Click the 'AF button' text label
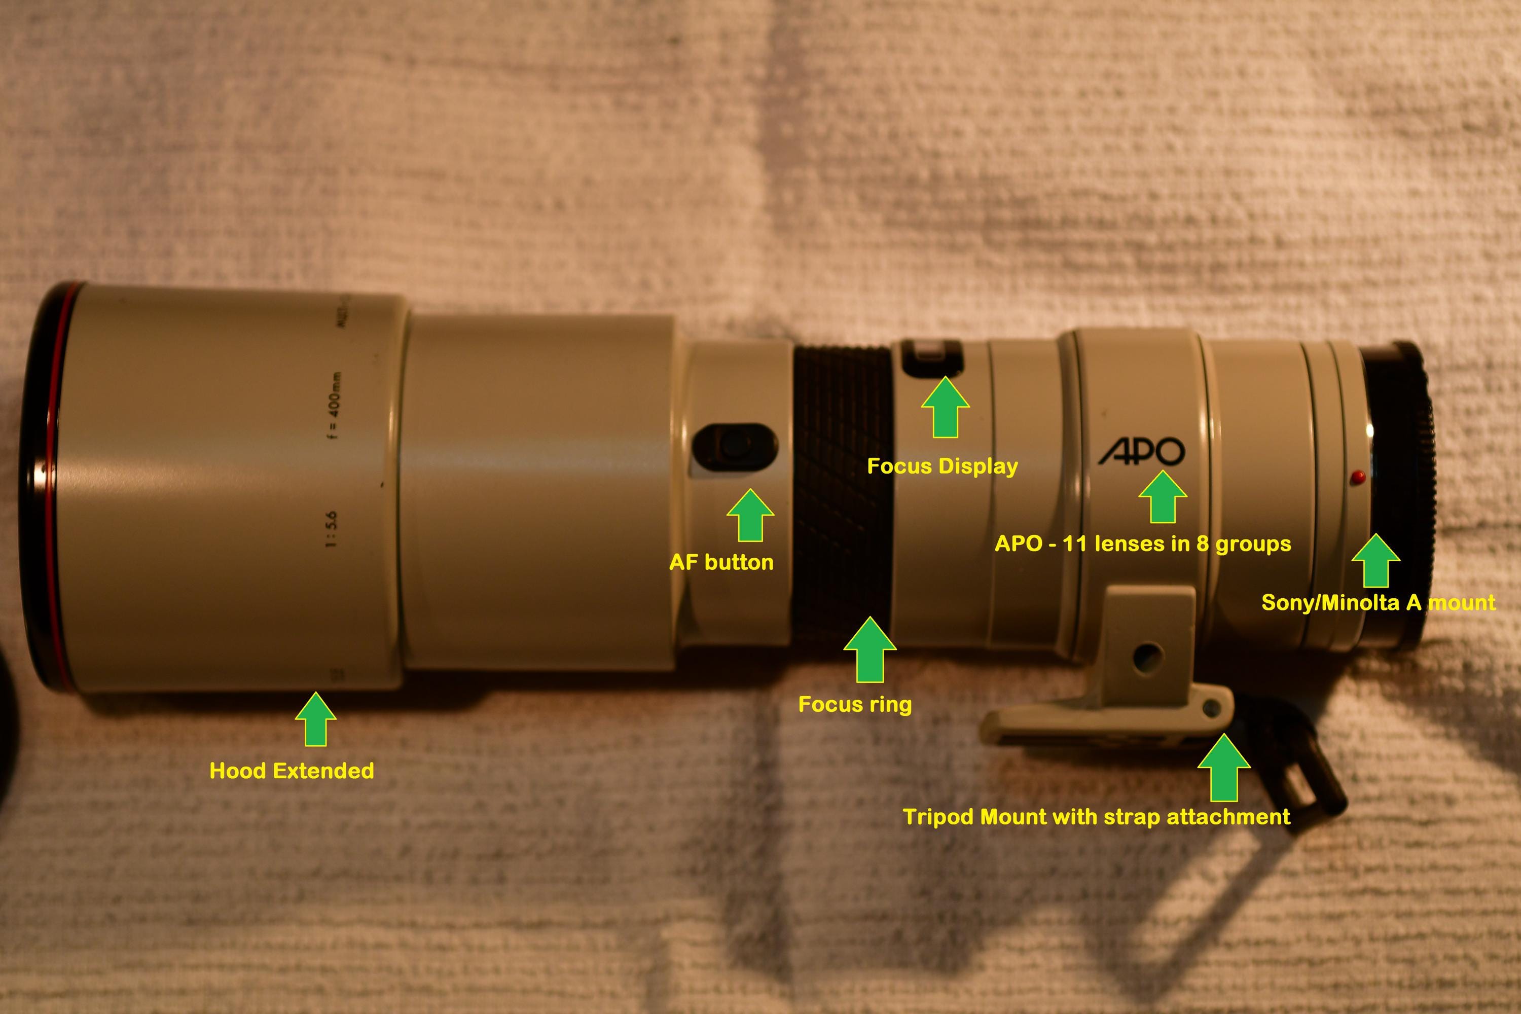721,562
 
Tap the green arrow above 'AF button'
750,516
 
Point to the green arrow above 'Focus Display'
945,408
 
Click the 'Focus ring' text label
855,704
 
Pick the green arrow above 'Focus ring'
870,649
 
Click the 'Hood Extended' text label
292,770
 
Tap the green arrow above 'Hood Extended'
315,719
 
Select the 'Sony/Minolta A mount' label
1378,602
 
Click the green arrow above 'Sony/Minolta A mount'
1376,561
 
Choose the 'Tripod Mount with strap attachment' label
1097,816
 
